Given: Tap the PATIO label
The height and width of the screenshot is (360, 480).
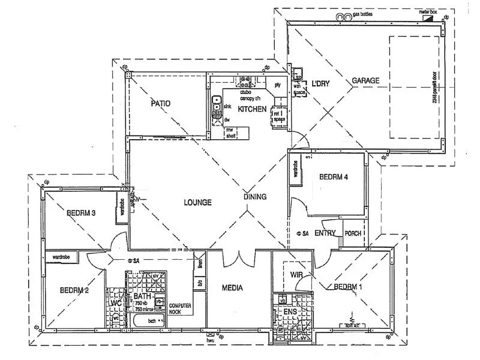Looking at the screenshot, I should tap(160, 103).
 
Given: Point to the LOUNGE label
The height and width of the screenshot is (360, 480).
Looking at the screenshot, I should tap(197, 203).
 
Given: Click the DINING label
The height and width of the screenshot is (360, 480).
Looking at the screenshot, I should tap(255, 197).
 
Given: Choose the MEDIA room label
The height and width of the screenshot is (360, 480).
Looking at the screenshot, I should tap(232, 288).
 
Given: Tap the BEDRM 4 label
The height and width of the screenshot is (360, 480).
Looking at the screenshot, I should tap(334, 177).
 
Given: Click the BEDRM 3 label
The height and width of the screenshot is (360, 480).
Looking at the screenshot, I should tap(81, 212).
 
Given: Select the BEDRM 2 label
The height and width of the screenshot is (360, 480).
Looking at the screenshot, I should tap(74, 290).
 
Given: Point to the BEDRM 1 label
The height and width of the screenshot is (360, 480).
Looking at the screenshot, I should tap(348, 286).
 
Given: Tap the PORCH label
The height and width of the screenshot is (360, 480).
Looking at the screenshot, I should tap(353, 233).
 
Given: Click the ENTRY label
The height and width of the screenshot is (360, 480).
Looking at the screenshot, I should tap(325, 233).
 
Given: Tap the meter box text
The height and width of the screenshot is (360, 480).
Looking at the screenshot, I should tap(427, 12).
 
